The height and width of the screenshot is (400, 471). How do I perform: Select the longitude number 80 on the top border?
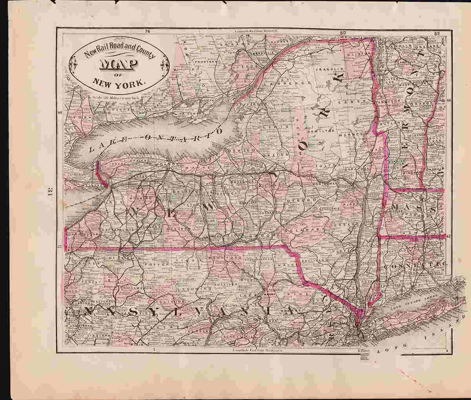click(343, 33)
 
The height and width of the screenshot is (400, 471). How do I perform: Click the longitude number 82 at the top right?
click(436, 33)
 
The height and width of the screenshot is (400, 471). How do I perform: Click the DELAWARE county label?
click(307, 231)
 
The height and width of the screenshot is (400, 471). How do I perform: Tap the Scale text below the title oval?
click(116, 96)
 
